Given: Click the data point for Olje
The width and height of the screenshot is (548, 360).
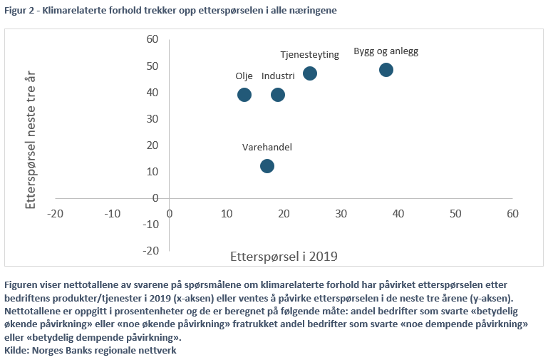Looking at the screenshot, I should [244, 95].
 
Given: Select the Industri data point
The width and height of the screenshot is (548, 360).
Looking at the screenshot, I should [278, 95].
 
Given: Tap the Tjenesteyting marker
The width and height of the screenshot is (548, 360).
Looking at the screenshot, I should [310, 73].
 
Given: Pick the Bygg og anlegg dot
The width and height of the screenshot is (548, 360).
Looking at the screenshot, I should [386, 70].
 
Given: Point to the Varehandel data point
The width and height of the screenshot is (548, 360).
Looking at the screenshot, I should [267, 166].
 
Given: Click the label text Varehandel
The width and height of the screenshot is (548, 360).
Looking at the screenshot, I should [267, 147].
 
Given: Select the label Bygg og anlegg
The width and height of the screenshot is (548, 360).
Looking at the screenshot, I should [386, 52].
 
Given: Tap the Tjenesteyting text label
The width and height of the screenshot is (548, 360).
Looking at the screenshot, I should [309, 55].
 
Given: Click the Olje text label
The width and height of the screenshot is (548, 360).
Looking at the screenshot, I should [244, 76].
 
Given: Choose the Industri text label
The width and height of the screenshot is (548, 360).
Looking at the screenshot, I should [278, 76].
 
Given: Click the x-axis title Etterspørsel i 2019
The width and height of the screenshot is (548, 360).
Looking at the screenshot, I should [284, 255].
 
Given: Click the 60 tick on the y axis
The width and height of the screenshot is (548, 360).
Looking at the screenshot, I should [152, 39].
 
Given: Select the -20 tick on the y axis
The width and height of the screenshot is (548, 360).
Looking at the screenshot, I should [150, 250].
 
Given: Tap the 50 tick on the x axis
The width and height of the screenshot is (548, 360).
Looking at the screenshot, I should [455, 213].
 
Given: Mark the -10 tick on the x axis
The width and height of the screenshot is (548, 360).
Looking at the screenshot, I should [113, 213].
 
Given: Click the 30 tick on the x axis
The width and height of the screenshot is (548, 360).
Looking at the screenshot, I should [341, 213].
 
